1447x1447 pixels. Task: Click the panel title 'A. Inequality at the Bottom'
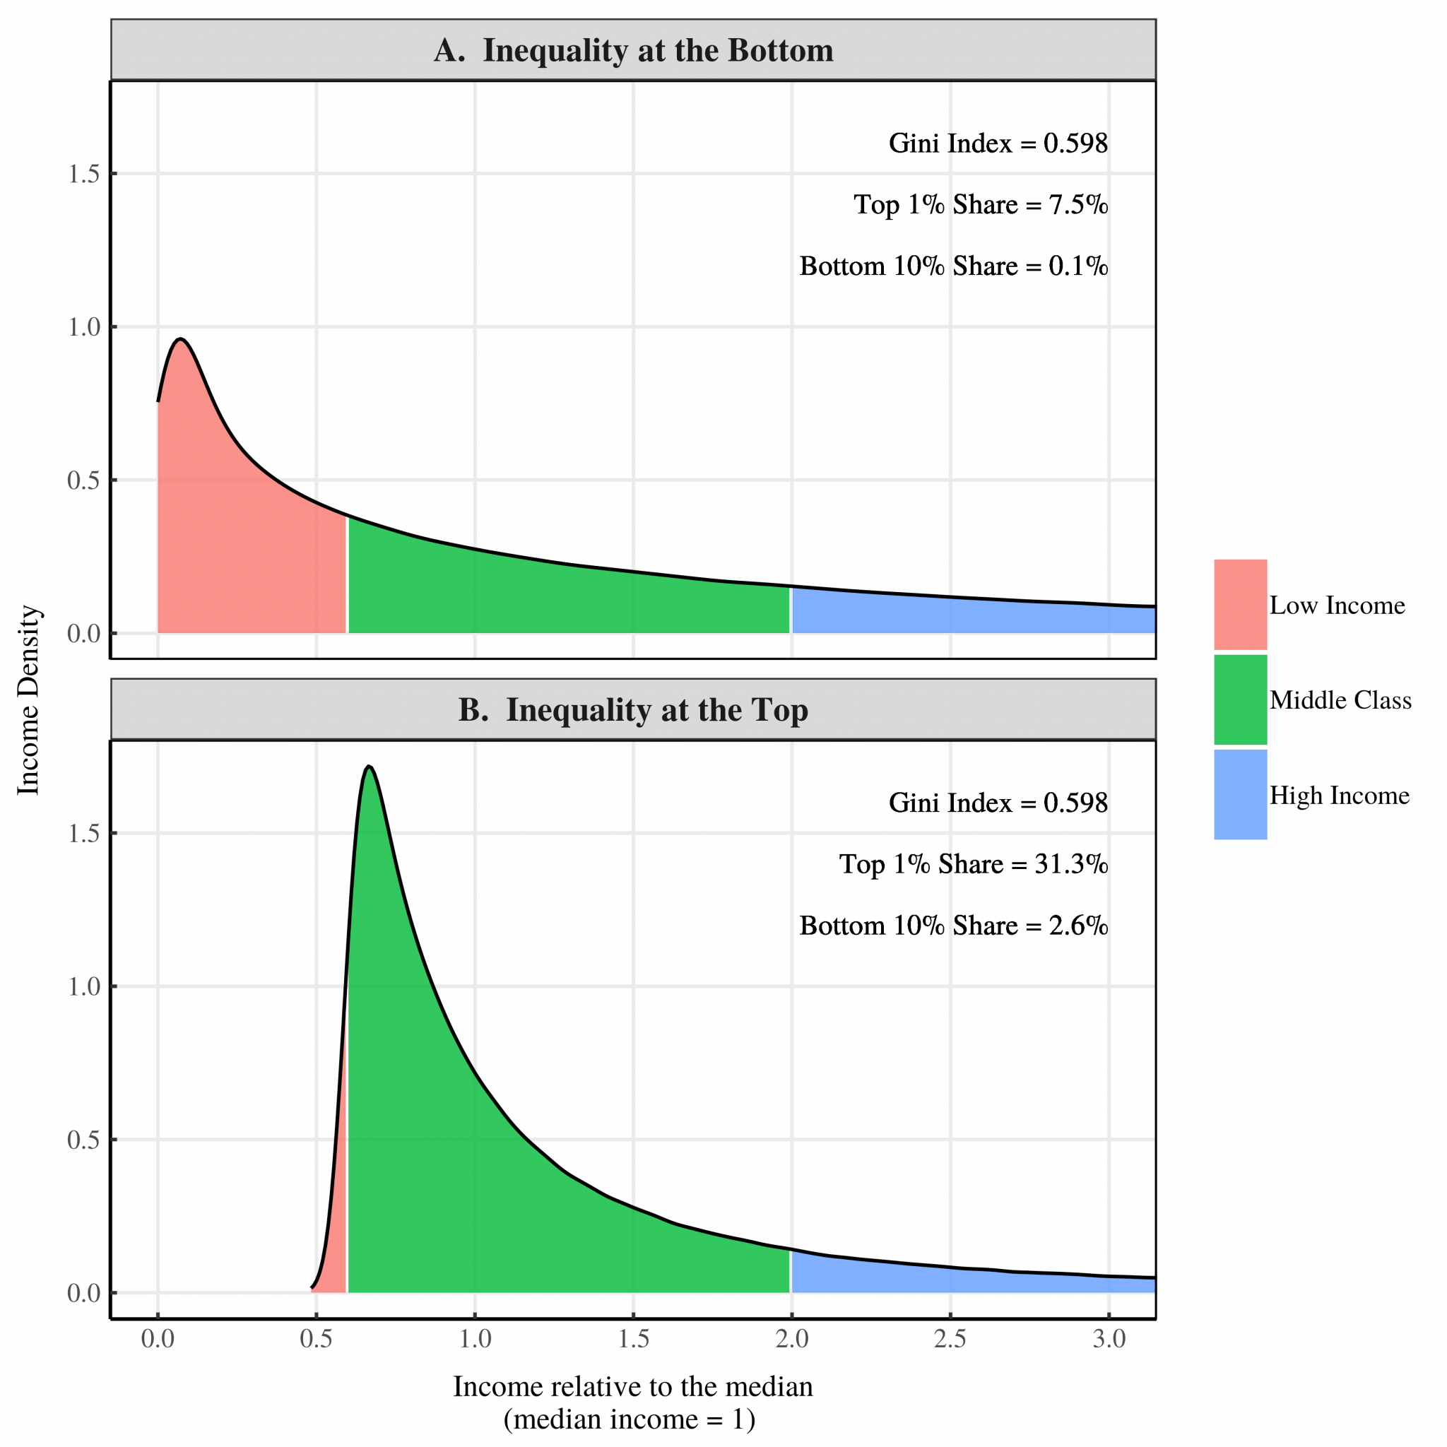click(633, 50)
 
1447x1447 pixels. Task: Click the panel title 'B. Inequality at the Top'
click(633, 710)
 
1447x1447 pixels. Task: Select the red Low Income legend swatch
click(1240, 604)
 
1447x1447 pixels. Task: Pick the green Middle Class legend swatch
click(1240, 699)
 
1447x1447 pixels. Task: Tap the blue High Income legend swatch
click(1240, 795)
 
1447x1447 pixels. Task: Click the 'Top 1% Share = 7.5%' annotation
click(981, 204)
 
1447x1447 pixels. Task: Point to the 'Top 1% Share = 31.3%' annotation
click(973, 864)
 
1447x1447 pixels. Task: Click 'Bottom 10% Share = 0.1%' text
click(952, 266)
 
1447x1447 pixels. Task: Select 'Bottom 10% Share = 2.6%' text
click(952, 926)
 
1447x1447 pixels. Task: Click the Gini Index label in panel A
click(998, 143)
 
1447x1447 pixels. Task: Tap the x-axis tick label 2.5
click(950, 1338)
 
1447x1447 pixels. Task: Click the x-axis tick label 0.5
click(315, 1338)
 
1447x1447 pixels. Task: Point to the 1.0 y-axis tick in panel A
click(84, 327)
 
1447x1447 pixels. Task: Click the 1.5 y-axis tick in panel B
click(84, 834)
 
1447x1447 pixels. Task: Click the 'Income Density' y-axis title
click(28, 700)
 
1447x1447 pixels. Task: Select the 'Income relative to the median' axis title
click(633, 1386)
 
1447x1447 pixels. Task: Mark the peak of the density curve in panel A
click(180, 339)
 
